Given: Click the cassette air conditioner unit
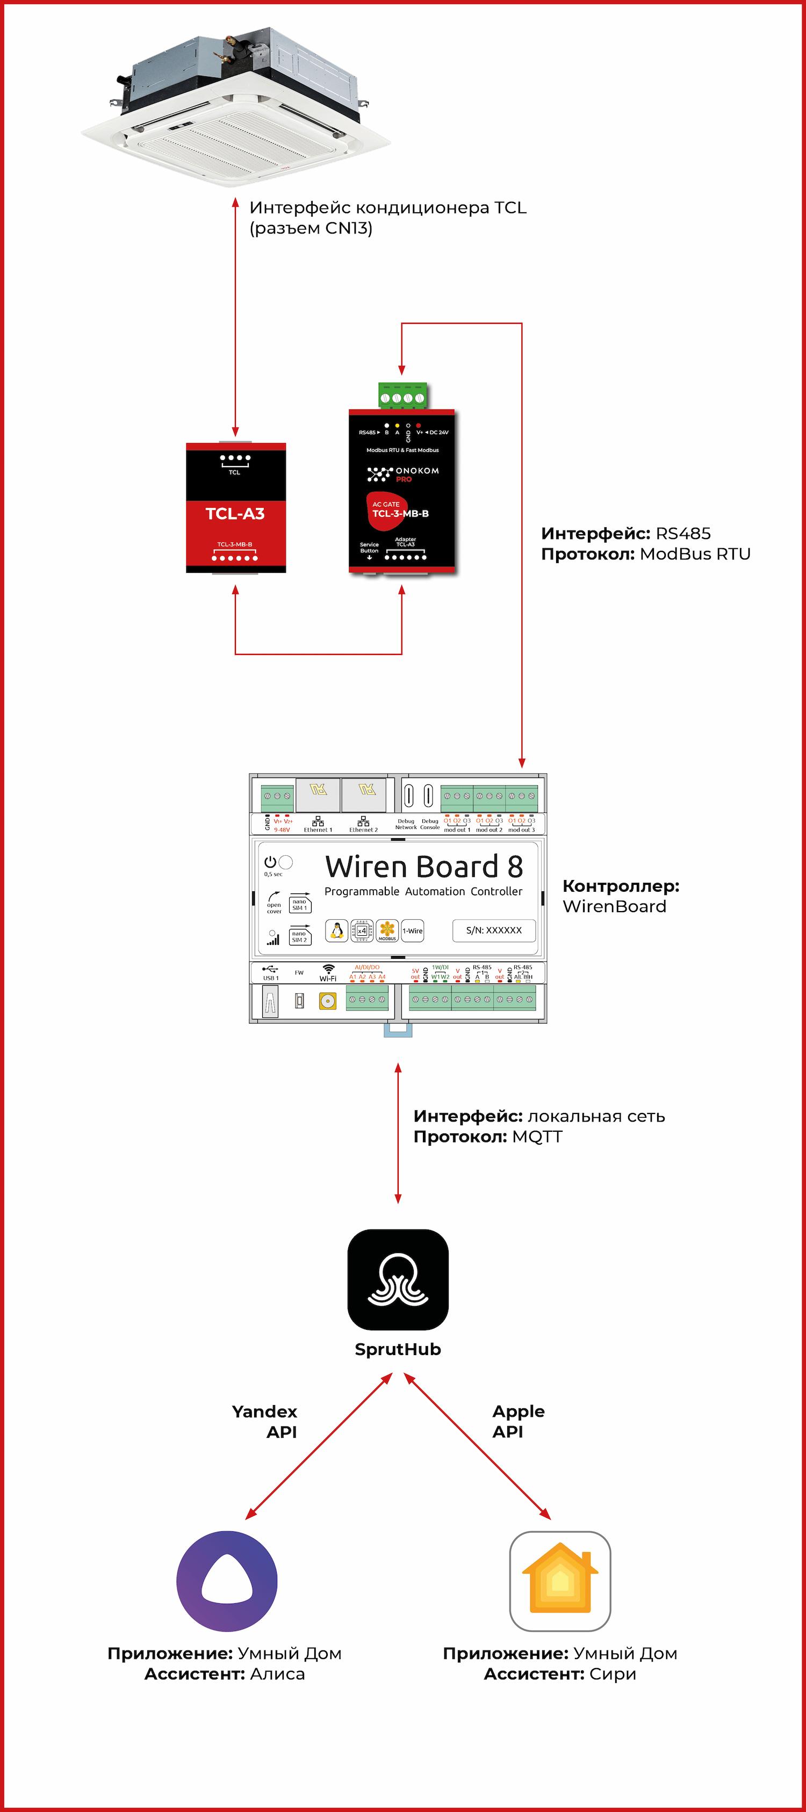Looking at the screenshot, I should [x=236, y=106].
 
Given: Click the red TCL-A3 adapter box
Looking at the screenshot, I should [x=235, y=508].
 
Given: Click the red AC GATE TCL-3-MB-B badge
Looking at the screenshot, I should [x=398, y=510].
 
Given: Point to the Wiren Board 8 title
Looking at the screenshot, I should [x=424, y=867].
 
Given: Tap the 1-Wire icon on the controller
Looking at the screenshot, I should [x=413, y=930].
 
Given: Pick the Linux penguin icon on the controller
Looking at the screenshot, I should [x=336, y=930].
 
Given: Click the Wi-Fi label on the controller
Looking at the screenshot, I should [x=328, y=978].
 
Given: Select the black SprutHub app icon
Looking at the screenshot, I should [x=398, y=1279].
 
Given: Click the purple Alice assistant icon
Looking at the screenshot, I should [x=227, y=1581].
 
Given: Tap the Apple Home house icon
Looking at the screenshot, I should [x=559, y=1581].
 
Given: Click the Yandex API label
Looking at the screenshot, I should [x=265, y=1421].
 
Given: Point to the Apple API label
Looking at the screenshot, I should [x=518, y=1421].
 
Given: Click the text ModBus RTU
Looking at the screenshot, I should [x=695, y=554].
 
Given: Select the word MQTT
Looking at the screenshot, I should [x=537, y=1137].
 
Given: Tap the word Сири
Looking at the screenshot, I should [x=613, y=1674].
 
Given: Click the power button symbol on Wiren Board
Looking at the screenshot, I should [x=270, y=862].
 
